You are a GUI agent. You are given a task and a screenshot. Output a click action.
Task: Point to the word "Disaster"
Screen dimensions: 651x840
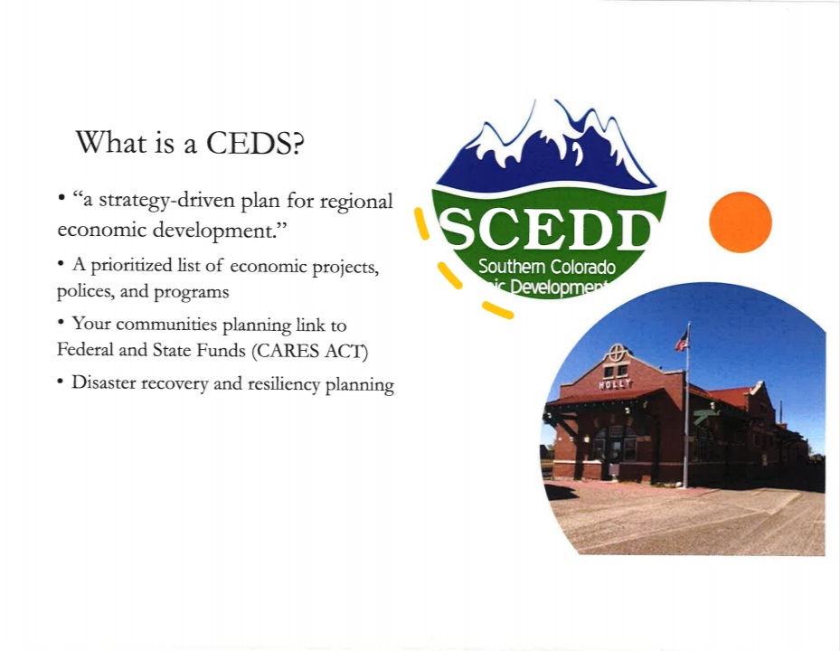coord(105,383)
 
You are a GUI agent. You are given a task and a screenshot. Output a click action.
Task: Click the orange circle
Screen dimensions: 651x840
coord(740,222)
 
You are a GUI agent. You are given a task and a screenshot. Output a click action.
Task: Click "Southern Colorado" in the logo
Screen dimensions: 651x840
coord(546,268)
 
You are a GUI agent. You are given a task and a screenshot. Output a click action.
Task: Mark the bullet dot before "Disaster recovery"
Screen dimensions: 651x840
coord(61,382)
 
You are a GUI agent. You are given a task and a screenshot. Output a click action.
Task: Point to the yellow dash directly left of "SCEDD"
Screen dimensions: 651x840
coord(420,223)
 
